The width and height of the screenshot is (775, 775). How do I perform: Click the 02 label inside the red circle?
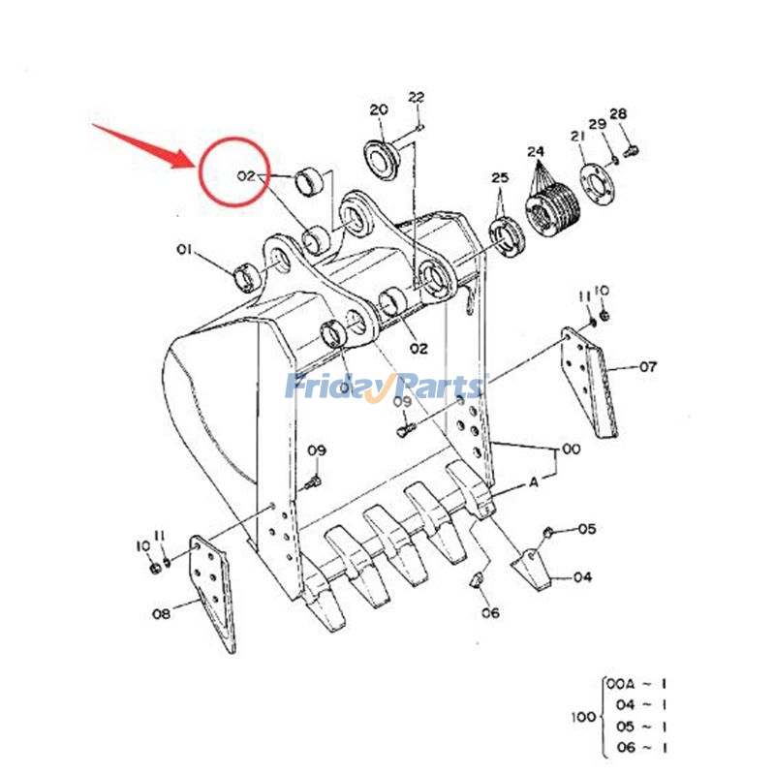(x=246, y=176)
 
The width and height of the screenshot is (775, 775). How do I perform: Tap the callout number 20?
(x=378, y=109)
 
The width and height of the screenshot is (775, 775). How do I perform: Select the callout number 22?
(x=416, y=97)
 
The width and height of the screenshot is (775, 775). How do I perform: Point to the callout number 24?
(x=536, y=152)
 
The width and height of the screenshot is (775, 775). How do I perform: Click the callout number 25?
(x=499, y=178)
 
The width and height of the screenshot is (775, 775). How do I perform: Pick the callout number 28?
(x=619, y=114)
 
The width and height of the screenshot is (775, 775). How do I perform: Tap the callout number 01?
(x=183, y=251)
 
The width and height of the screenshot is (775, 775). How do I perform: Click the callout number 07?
(x=647, y=367)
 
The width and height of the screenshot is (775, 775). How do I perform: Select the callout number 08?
(x=161, y=612)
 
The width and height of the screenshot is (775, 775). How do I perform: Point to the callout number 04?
(x=582, y=577)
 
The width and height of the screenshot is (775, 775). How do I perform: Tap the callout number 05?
(x=587, y=529)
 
